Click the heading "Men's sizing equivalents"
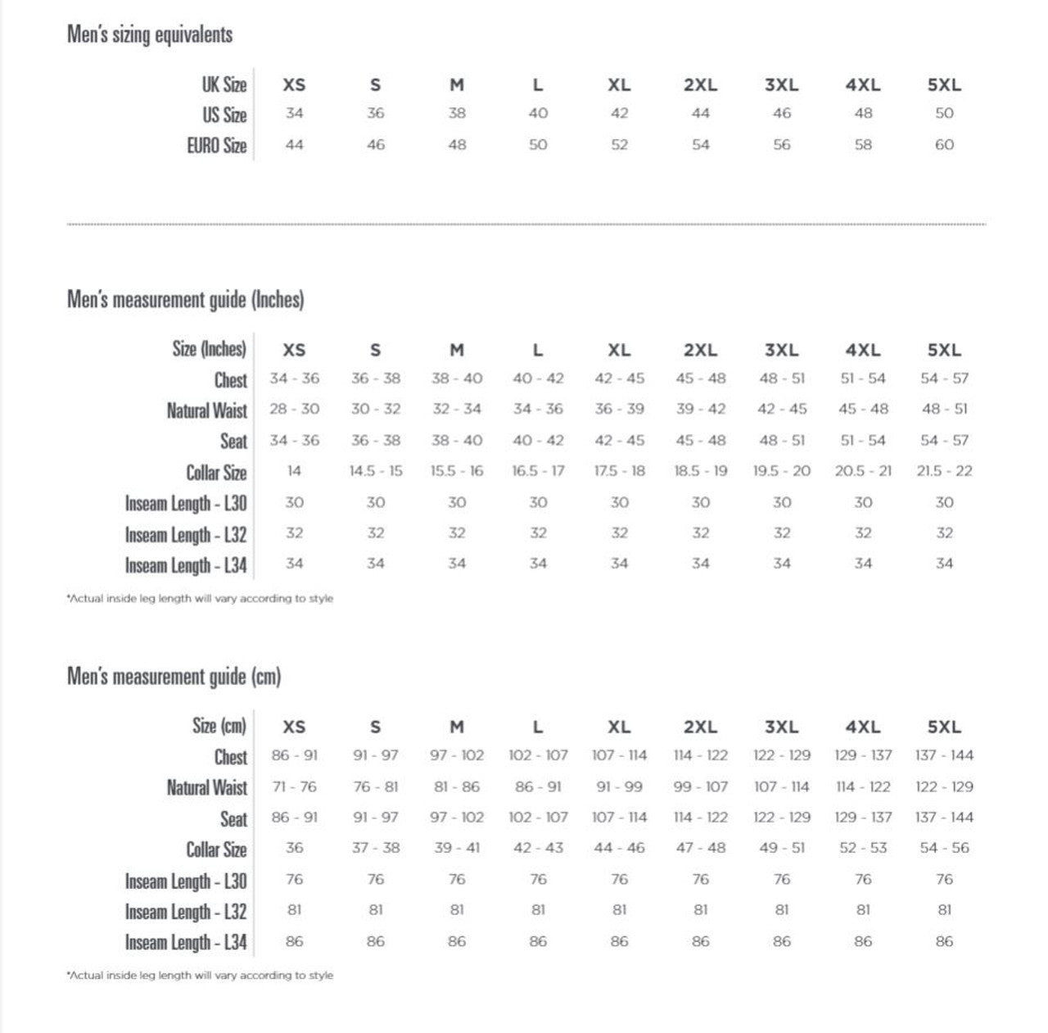pos(150,34)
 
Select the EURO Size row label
pos(217,146)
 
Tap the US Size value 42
pos(619,114)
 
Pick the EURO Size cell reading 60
pos(944,145)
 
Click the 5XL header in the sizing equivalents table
pos(944,84)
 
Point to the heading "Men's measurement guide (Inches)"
pos(186,300)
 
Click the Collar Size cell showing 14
pos(294,471)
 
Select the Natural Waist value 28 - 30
pos(294,409)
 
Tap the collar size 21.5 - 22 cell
pos(944,471)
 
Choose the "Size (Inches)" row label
pos(210,349)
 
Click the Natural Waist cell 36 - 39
pos(619,409)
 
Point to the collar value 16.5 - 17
pos(538,471)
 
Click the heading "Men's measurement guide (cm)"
pos(174,677)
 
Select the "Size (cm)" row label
pos(219,726)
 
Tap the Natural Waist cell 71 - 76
pos(294,786)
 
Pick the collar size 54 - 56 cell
pos(944,848)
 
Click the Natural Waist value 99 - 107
pos(700,786)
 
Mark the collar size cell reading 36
pos(294,848)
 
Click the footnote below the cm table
pos(200,976)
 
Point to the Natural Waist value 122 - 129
pos(944,786)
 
